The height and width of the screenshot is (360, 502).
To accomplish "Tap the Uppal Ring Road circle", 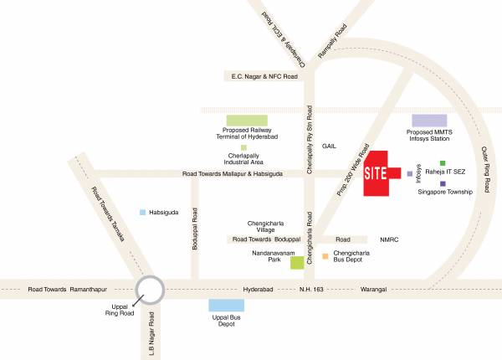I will click(x=151, y=290).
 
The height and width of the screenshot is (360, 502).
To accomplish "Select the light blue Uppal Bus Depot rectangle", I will click(x=226, y=306).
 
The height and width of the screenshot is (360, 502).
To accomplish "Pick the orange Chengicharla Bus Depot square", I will click(x=325, y=256).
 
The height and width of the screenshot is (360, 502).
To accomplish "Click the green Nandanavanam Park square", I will click(x=296, y=263).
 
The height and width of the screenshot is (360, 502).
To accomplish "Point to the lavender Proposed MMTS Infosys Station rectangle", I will click(x=429, y=121).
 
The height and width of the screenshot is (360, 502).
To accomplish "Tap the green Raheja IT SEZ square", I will click(x=443, y=163).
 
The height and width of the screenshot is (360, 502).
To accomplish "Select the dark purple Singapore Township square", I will click(x=443, y=183).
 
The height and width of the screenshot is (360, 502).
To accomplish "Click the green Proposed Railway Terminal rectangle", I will click(x=247, y=121).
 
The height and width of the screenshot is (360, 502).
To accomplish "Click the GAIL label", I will click(x=330, y=146).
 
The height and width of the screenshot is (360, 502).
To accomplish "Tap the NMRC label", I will click(x=390, y=239).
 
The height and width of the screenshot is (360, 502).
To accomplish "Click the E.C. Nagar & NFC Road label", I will click(x=264, y=77).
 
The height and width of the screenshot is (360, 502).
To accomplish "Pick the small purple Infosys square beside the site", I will click(x=409, y=174).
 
